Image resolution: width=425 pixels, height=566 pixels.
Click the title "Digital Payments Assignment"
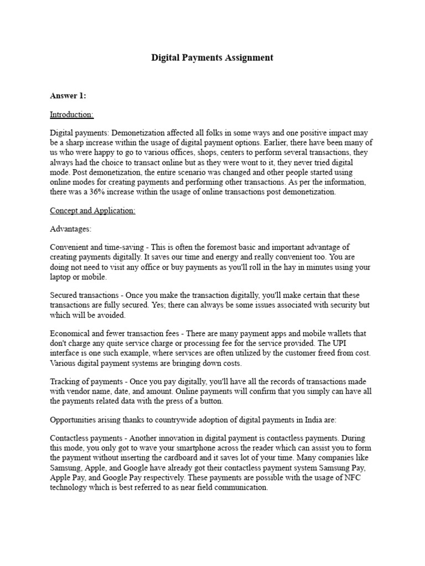click(212, 57)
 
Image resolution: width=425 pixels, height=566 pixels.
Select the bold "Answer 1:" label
click(68, 96)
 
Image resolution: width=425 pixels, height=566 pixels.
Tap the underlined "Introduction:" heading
click(72, 114)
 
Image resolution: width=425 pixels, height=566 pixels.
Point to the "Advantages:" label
click(71, 228)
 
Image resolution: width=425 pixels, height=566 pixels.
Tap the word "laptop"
click(62, 276)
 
